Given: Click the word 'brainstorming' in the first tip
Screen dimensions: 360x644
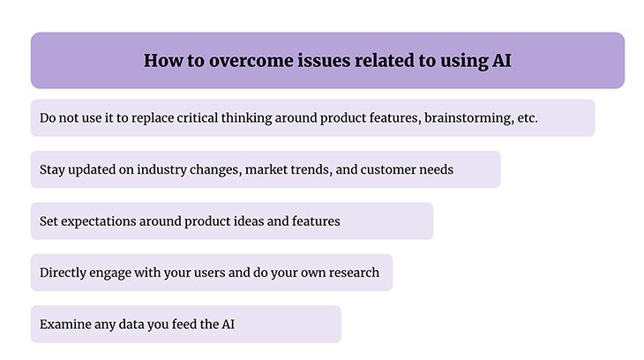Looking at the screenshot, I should click(466, 118).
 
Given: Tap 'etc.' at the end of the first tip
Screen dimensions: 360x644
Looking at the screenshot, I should click(526, 118).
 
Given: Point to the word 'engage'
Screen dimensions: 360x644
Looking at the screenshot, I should click(117, 273).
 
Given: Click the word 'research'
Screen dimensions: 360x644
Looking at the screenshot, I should click(350, 273).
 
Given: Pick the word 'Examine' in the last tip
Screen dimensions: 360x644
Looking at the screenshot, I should click(66, 325).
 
